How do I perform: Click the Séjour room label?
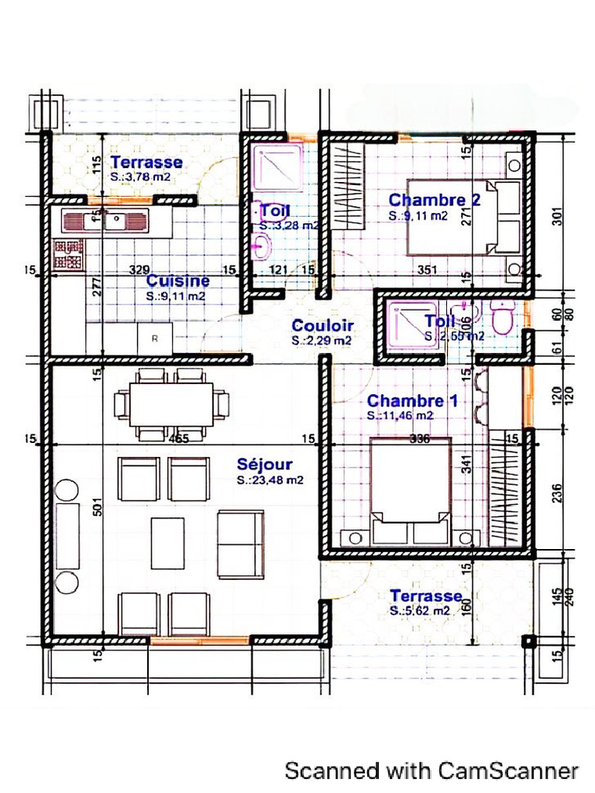[264, 465]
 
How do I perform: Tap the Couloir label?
[322, 326]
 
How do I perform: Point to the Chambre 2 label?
[434, 201]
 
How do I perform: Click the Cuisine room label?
[178, 280]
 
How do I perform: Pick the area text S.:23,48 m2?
[270, 480]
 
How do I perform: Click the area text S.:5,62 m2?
[420, 611]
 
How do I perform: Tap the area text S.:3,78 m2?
[141, 177]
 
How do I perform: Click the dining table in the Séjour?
[171, 403]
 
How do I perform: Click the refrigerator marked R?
[155, 338]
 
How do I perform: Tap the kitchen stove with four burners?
[68, 255]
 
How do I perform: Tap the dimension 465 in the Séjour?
[179, 439]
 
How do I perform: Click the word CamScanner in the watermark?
[507, 771]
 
